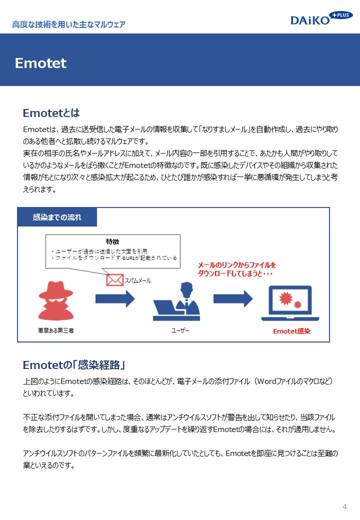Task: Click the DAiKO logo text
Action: [x=310, y=20]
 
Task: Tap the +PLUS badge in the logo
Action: [x=341, y=15]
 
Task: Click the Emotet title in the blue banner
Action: [x=41, y=63]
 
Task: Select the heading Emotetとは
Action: [x=51, y=113]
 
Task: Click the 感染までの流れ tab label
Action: [x=57, y=217]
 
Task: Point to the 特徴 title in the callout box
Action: [x=112, y=241]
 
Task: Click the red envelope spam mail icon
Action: [x=114, y=280]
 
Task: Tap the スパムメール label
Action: [x=137, y=280]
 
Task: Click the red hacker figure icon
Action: [x=56, y=300]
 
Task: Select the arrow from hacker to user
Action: [x=115, y=298]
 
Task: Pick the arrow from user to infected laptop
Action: [x=233, y=298]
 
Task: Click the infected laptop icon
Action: [x=290, y=303]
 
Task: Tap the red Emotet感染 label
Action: [x=291, y=331]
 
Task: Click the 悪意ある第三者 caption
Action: [x=56, y=330]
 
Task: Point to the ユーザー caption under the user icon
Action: [x=180, y=330]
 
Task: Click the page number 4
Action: [x=345, y=506]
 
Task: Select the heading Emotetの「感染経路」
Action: [x=73, y=365]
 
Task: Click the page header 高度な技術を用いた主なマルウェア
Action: [x=69, y=24]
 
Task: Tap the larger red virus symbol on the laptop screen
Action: [x=285, y=298]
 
